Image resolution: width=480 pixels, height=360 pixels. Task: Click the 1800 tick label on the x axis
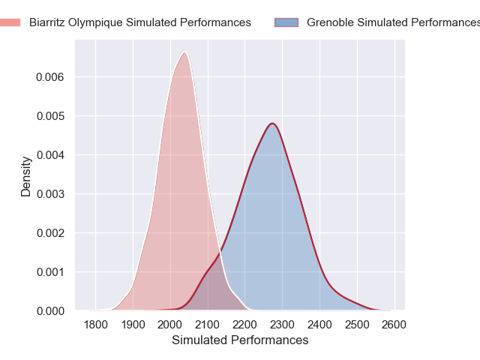coord(96,325)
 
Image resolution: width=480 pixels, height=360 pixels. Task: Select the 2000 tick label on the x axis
coord(170,325)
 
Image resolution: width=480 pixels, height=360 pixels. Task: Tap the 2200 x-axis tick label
coord(245,325)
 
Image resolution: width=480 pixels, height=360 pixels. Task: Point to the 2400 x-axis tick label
coord(319,325)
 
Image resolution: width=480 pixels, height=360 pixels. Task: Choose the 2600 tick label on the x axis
coord(394,325)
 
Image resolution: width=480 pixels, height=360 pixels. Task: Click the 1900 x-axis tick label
coord(133,325)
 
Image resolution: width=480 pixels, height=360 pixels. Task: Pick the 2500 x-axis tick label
coord(357,325)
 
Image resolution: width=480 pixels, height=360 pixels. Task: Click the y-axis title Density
coord(26,176)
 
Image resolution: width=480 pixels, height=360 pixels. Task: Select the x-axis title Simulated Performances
coord(240,340)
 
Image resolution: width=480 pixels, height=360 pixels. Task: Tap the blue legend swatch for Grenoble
coord(286,22)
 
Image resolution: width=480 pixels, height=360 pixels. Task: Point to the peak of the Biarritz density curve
coord(184,52)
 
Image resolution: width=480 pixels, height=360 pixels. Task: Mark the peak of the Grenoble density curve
coord(273,123)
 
